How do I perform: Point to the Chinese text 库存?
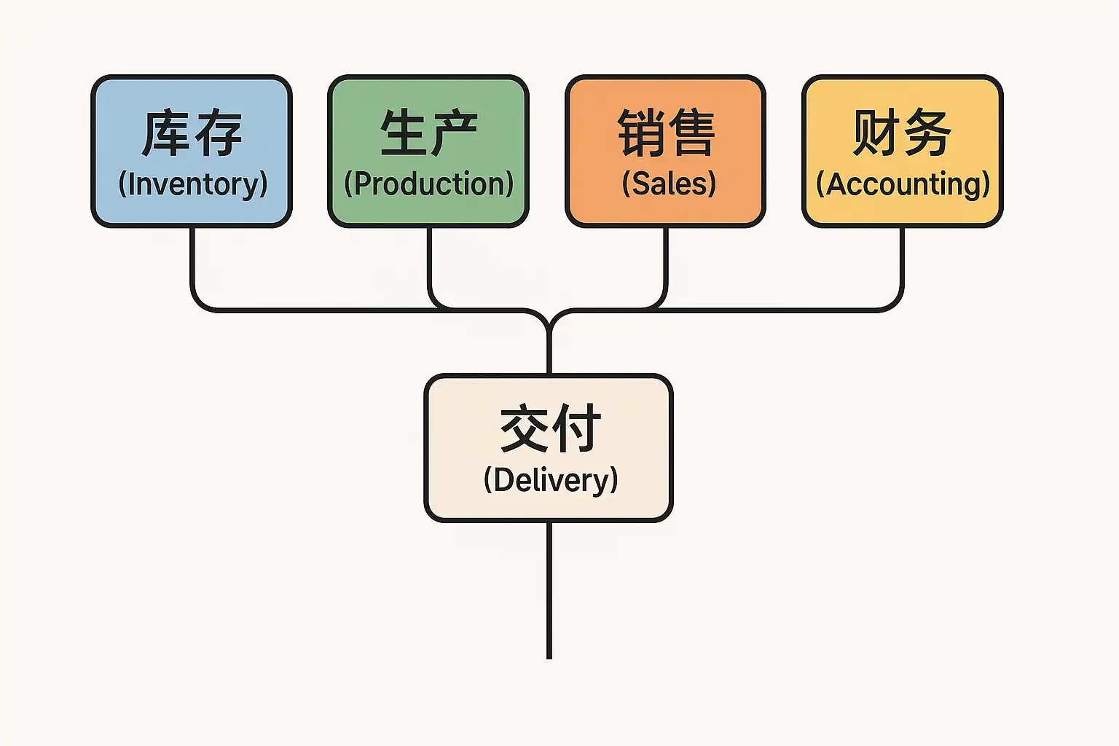192,133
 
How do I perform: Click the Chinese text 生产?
428,133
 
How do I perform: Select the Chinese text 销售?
666,133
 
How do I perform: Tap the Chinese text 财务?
902,133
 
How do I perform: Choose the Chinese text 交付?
550,429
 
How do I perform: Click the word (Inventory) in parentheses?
193,184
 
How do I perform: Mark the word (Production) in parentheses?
428,184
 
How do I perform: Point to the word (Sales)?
669,184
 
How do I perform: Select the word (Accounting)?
903,184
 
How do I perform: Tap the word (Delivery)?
551,480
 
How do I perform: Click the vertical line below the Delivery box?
549,590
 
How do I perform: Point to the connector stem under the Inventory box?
193,262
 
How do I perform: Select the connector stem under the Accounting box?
901,262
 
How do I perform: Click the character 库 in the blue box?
167,133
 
